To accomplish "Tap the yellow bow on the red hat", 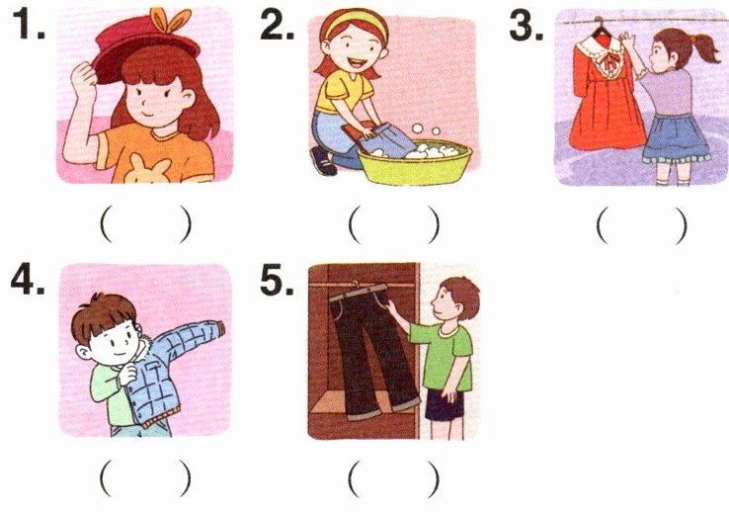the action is (x=170, y=20).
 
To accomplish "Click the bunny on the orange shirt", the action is (x=148, y=170).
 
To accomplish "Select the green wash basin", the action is (x=415, y=164).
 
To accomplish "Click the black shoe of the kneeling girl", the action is (x=323, y=161).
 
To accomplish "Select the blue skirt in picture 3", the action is (x=675, y=138).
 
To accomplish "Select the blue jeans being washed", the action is (x=386, y=139).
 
